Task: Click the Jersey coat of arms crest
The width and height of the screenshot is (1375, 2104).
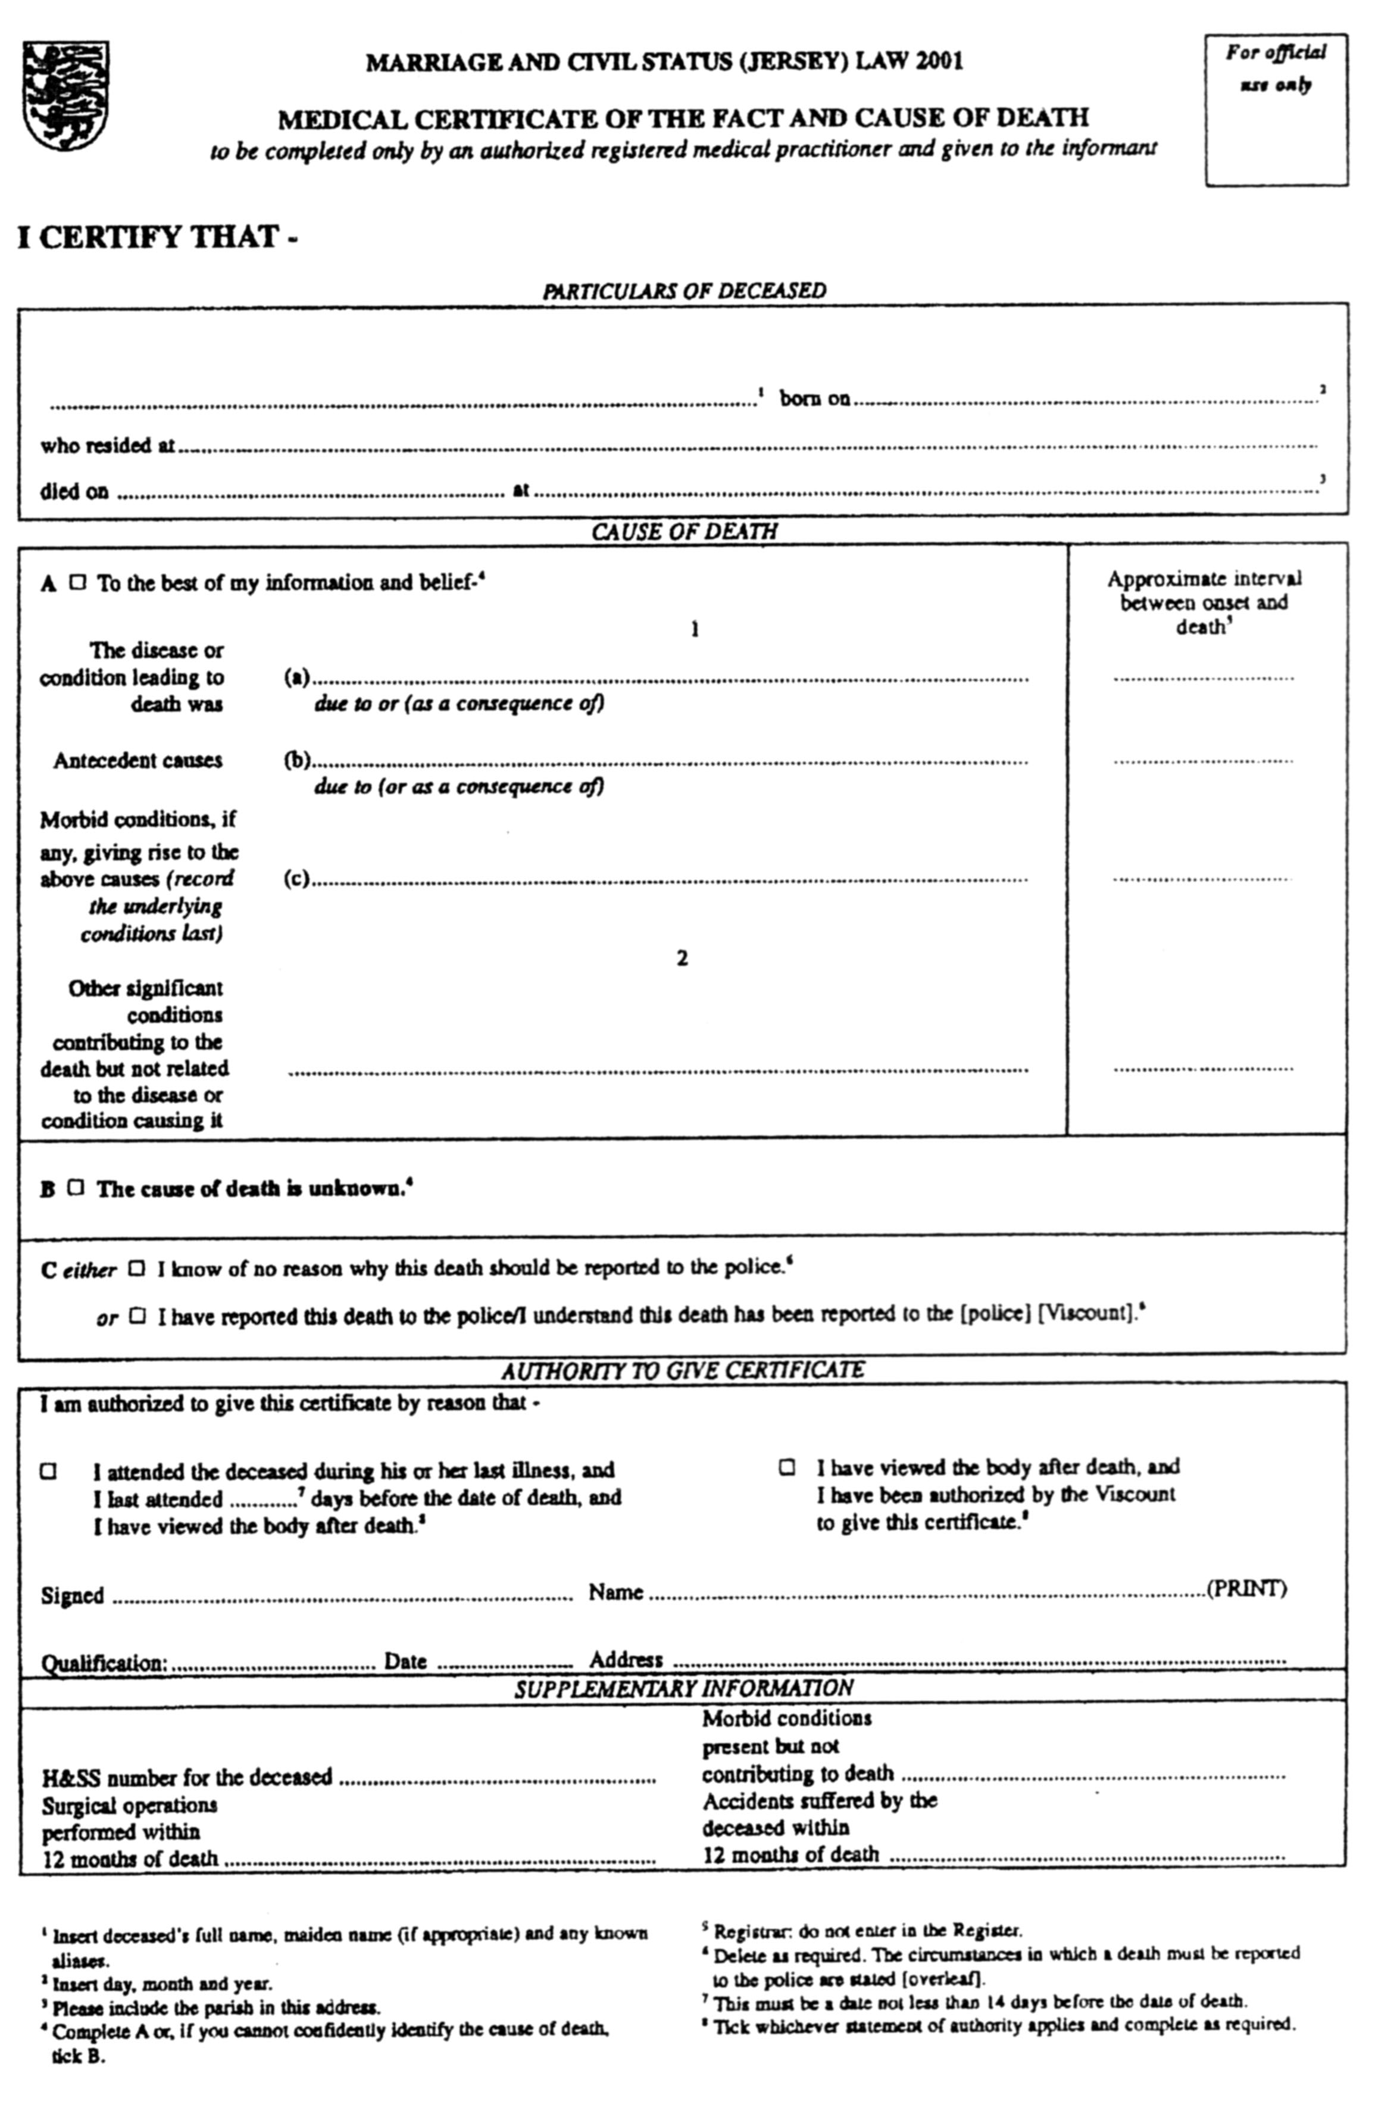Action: [65, 95]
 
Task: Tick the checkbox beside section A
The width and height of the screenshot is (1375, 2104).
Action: [78, 583]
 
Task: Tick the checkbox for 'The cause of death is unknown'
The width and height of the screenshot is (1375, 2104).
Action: [76, 1187]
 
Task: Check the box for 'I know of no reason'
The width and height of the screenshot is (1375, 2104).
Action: [136, 1269]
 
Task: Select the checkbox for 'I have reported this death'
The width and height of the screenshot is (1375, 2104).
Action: [136, 1315]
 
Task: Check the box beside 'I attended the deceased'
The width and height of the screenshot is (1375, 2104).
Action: [49, 1471]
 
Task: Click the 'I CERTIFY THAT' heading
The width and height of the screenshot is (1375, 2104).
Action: [157, 238]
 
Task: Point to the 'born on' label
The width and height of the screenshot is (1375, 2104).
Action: [814, 399]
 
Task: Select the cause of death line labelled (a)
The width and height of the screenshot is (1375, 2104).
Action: [671, 679]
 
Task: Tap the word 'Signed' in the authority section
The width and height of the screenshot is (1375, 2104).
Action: [73, 1596]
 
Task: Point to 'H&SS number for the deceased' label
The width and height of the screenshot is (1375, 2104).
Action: [187, 1777]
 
